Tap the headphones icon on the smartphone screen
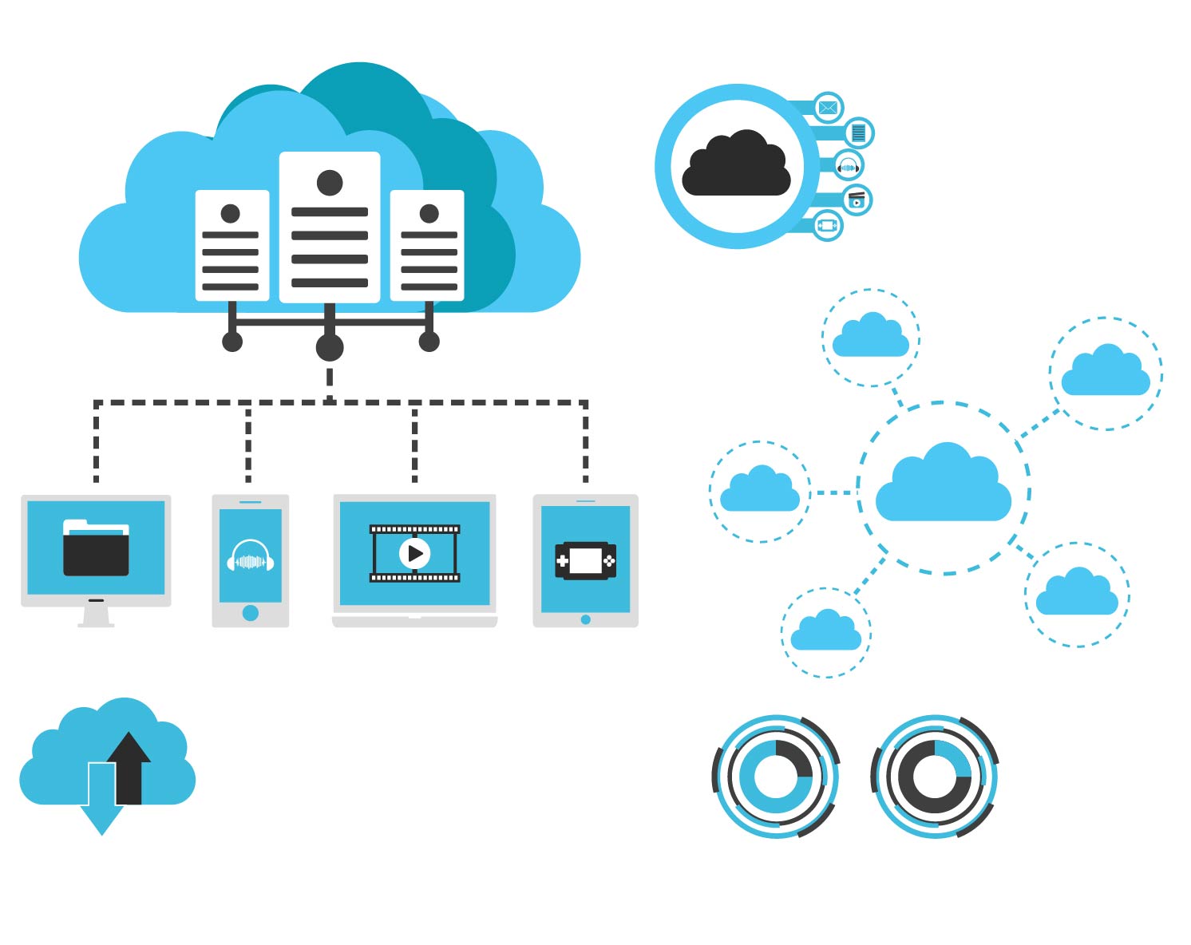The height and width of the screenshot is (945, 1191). (250, 556)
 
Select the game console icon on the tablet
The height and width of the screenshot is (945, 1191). (585, 560)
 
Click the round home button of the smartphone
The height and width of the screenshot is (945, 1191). (250, 613)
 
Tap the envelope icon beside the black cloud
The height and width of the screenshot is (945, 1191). (828, 108)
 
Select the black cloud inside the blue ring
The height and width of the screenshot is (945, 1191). (736, 164)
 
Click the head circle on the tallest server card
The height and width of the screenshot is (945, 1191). (330, 183)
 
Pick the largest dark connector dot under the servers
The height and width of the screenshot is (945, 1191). (330, 348)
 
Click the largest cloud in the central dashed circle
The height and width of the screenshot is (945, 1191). (944, 484)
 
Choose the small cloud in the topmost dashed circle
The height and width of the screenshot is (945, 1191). (871, 336)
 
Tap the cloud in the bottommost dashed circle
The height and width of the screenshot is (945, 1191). (826, 631)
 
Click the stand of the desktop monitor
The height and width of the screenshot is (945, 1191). (96, 615)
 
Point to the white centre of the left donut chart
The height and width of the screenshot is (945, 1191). (775, 776)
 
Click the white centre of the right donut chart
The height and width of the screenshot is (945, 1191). (934, 776)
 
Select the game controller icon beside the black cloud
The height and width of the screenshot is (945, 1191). (828, 226)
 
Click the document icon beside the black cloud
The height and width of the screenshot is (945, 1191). (858, 132)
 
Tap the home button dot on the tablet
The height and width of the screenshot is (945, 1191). (585, 619)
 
